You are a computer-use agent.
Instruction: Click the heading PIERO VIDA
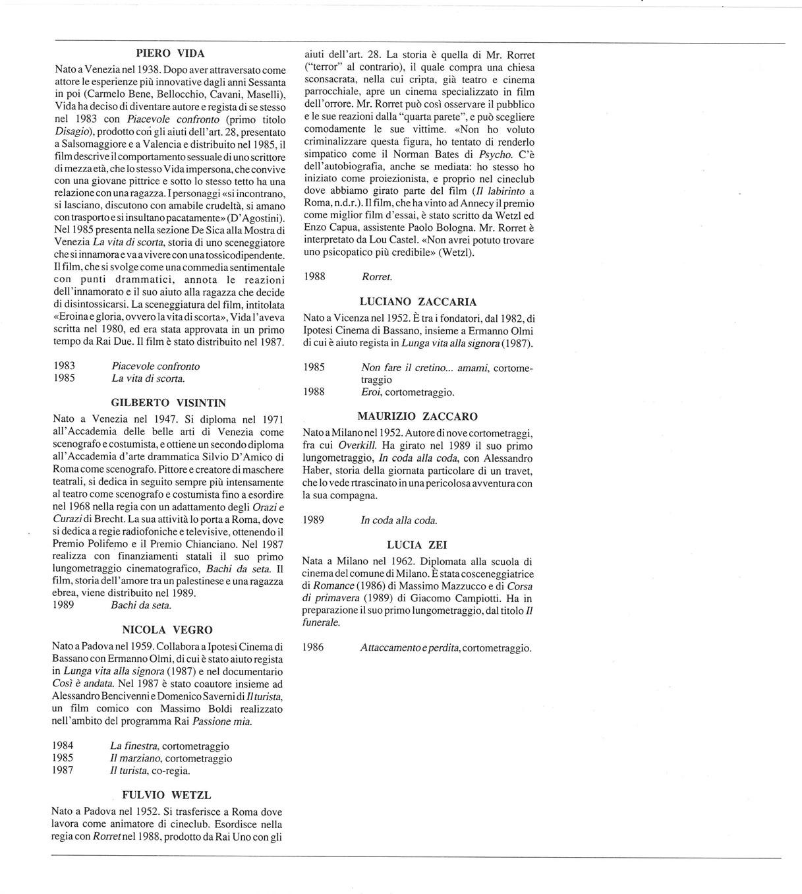coord(170,53)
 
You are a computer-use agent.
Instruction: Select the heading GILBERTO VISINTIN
coord(168,402)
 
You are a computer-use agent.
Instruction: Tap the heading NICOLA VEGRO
coord(167,630)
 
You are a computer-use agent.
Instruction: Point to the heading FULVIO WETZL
coord(167,795)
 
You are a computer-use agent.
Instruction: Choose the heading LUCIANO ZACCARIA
coord(418,302)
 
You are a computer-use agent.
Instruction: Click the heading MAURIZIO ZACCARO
coord(418,416)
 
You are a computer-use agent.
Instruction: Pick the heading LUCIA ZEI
coord(417,545)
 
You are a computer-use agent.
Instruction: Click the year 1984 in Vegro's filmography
coord(63,746)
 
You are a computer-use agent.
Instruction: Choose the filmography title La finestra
coord(134,746)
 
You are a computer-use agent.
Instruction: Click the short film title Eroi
coord(370,392)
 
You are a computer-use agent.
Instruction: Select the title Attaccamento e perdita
coord(409,647)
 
